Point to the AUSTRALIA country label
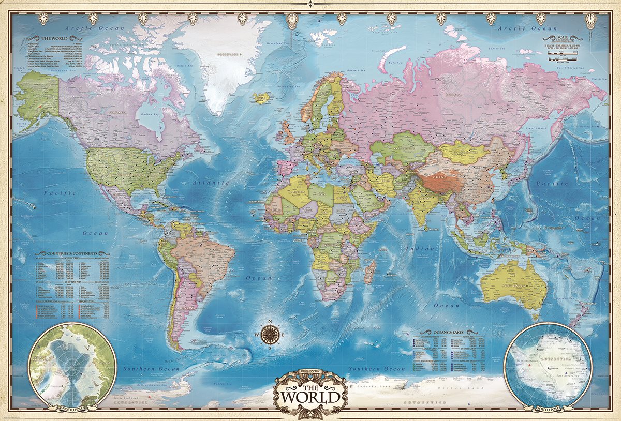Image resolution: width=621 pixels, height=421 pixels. [507, 285]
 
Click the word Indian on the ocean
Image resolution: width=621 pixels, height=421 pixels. [413, 249]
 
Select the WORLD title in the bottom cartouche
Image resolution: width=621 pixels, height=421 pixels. [310, 397]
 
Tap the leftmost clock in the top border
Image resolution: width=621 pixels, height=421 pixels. [43, 18]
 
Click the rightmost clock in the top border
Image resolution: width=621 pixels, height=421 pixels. [590, 18]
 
